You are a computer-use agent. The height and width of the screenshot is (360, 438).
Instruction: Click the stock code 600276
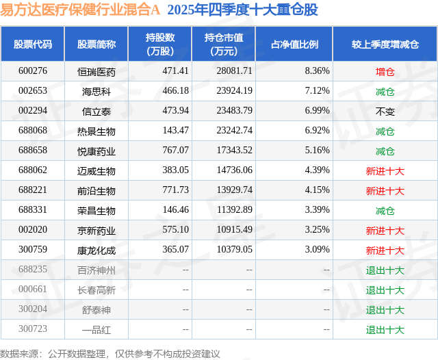point(33,71)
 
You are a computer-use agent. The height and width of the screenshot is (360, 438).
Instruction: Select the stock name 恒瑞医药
point(96,71)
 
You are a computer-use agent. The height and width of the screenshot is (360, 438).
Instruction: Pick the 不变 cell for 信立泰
point(385,111)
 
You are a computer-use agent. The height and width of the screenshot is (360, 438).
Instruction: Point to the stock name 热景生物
point(96,131)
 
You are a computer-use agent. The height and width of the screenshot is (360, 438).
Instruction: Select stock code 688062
point(33,170)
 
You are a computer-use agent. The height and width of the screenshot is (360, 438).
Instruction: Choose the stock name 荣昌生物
point(96,210)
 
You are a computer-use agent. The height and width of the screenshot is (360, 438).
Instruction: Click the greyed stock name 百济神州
point(96,270)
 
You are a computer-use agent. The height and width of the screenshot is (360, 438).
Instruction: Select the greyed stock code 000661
point(33,290)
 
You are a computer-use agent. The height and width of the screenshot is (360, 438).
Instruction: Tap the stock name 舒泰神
point(96,310)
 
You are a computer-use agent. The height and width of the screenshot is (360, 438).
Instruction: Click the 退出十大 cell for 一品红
point(385,330)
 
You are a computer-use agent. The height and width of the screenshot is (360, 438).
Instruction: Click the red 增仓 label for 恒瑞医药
point(385,71)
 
